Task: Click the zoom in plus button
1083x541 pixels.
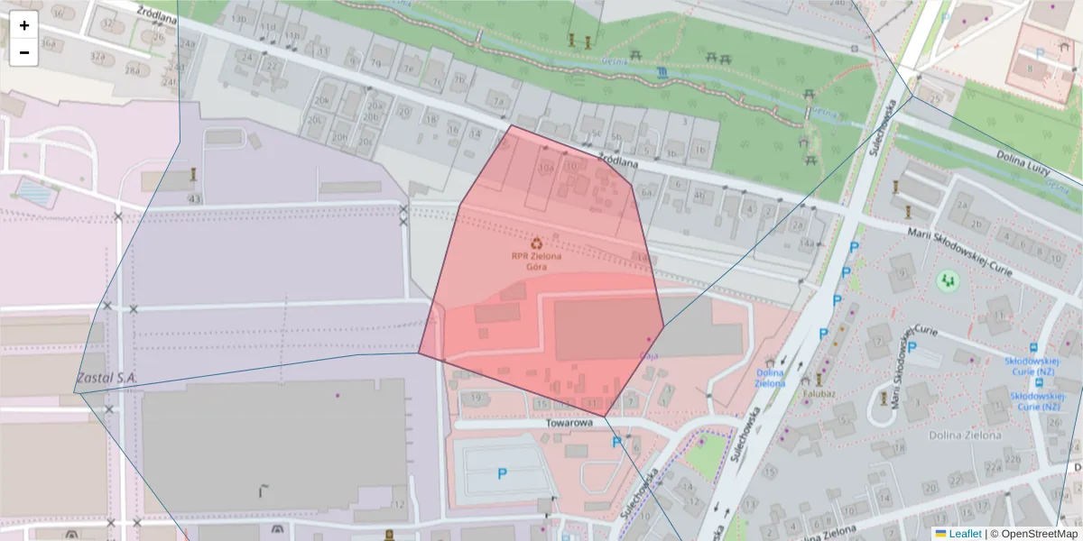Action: point(24,25)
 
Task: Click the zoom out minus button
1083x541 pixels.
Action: point(24,52)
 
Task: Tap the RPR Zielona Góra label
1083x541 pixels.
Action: point(536,261)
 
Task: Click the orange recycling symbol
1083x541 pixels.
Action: point(537,243)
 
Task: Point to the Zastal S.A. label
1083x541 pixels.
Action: point(106,378)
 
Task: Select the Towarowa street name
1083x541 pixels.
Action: point(569,422)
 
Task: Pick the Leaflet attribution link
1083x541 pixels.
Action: point(964,534)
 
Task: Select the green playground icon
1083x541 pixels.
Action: point(947,281)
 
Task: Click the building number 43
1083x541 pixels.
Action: point(194,198)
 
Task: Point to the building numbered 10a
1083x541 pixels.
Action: point(545,168)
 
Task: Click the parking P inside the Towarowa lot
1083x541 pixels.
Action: point(503,472)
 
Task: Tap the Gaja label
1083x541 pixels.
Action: point(648,355)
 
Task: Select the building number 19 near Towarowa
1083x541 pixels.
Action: point(476,397)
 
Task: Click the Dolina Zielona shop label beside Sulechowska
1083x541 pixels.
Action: point(770,377)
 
